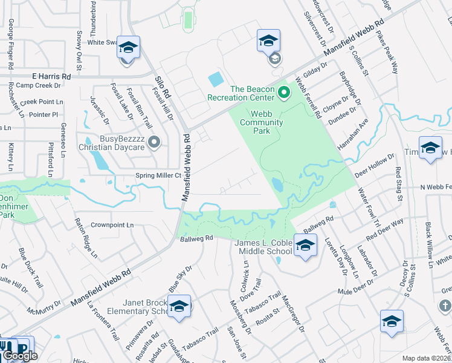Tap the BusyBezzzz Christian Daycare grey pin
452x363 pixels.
pyautogui.click(x=155, y=142)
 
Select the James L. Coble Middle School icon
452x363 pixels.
pyautogui.click(x=306, y=245)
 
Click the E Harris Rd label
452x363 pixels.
pyautogui.click(x=51, y=77)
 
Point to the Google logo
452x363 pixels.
pyautogui.click(x=20, y=356)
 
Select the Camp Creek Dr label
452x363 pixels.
pyautogui.click(x=41, y=86)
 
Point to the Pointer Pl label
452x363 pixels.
pyautogui.click(x=43, y=114)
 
